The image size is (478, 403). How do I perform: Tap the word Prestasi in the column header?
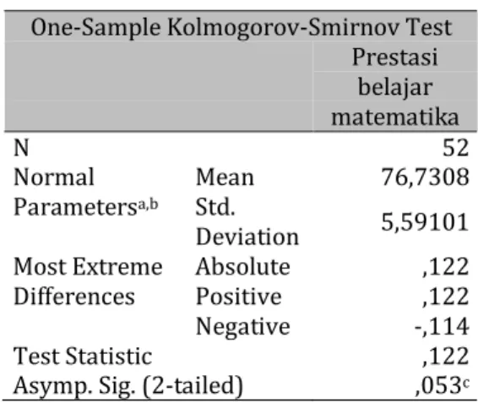point(395,57)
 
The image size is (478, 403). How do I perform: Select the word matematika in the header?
point(395,117)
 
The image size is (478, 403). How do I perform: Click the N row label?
point(21,148)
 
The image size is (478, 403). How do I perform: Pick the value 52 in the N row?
point(455,148)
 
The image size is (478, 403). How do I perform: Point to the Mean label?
point(225,177)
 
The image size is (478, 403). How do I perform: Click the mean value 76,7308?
point(425,177)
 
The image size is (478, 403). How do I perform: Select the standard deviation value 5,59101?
point(425,222)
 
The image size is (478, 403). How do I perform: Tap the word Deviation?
point(247,237)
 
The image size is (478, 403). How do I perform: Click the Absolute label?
point(243,267)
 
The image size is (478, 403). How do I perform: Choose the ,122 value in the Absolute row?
point(446,267)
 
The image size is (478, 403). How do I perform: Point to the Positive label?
point(239,297)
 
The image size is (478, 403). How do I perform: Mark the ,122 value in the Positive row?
point(446,297)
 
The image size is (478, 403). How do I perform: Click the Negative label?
point(243,327)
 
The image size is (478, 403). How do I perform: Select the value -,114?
point(442,327)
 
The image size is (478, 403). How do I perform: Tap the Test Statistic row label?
point(83,356)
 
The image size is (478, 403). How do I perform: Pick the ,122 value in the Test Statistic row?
point(446,357)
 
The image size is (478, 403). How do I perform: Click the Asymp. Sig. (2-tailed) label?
point(128,386)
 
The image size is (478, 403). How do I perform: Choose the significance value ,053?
point(438,386)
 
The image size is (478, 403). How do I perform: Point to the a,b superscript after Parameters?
point(148,204)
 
